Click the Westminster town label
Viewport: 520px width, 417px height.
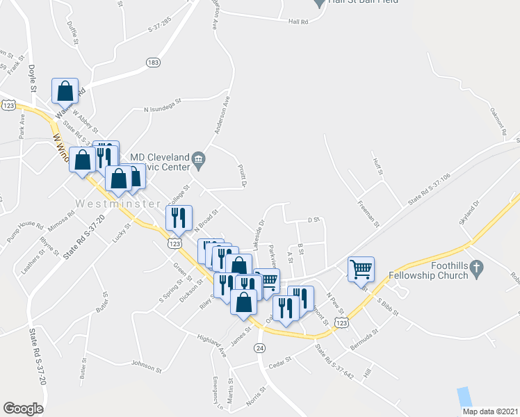(105, 204)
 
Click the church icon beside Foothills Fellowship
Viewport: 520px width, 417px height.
(476, 268)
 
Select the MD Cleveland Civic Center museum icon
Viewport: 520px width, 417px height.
(199, 161)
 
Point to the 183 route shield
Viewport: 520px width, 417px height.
(154, 63)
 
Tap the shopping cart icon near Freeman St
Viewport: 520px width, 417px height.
(361, 268)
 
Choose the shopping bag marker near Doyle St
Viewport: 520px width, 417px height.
(65, 90)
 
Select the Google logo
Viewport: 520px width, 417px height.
(23, 409)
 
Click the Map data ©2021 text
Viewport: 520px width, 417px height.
(490, 411)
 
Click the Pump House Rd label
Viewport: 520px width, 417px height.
(31, 234)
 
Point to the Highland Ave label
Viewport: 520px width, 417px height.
(212, 344)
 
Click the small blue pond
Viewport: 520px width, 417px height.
(464, 397)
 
